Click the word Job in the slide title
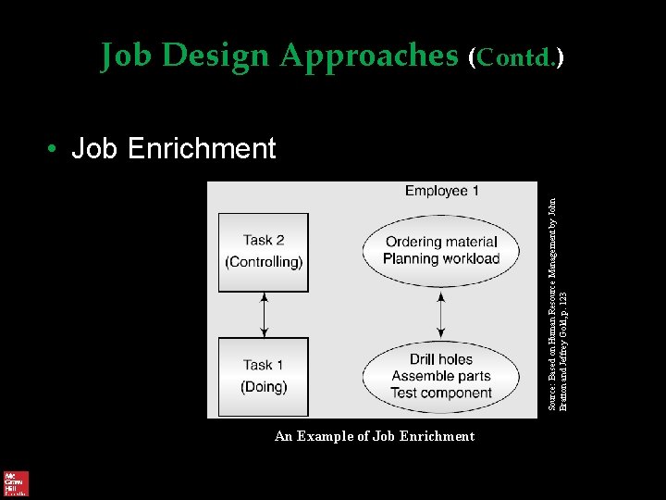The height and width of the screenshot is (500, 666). pyautogui.click(x=127, y=56)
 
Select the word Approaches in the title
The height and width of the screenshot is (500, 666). pyautogui.click(x=369, y=56)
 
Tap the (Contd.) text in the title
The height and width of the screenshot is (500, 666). pyautogui.click(x=516, y=57)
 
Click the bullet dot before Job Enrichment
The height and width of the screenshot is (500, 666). pyautogui.click(x=55, y=148)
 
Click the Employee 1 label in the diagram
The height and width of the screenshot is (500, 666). pyautogui.click(x=441, y=191)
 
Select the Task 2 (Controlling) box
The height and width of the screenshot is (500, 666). pyautogui.click(x=264, y=252)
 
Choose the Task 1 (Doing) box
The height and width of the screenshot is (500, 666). pyautogui.click(x=264, y=376)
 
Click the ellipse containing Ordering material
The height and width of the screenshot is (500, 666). pyautogui.click(x=440, y=250)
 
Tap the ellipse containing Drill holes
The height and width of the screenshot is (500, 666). pyautogui.click(x=440, y=376)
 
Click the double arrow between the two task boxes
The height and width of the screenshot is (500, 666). pyautogui.click(x=265, y=315)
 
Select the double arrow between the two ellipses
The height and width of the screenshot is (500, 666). pyautogui.click(x=440, y=315)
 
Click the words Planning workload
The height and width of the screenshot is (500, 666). pyautogui.click(x=441, y=259)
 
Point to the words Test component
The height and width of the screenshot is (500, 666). pyautogui.click(x=441, y=393)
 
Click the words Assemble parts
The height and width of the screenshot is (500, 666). pyautogui.click(x=441, y=376)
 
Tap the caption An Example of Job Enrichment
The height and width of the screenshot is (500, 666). pyautogui.click(x=375, y=436)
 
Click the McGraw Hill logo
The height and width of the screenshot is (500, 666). pyautogui.click(x=16, y=483)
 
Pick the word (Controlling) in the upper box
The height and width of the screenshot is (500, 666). pyautogui.click(x=264, y=262)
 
